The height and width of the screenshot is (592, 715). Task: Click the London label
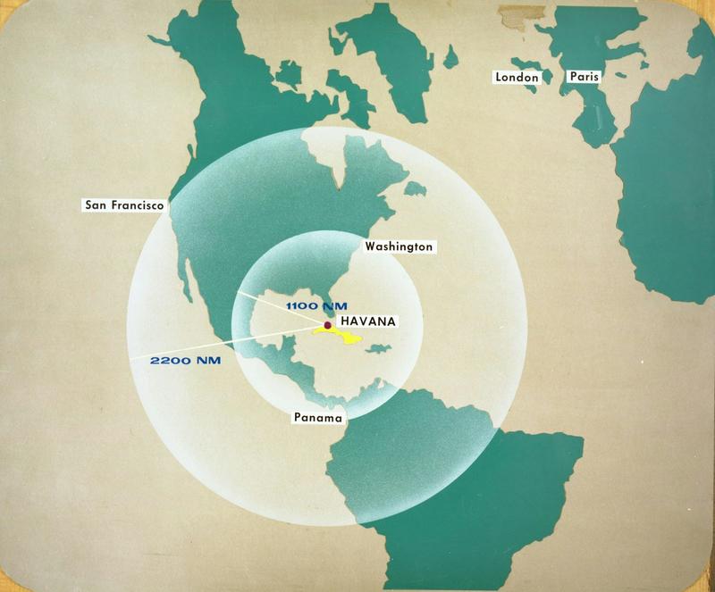pos(517,78)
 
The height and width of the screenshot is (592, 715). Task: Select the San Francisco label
pos(123,204)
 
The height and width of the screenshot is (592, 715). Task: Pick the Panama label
pos(318,417)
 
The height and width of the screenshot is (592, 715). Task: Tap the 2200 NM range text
pos(185,361)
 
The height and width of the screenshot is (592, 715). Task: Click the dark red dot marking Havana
pos(329,325)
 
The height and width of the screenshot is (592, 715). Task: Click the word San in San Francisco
pos(96,204)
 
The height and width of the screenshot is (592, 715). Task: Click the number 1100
pos(299,306)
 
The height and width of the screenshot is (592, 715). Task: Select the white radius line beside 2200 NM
pos(223,346)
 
